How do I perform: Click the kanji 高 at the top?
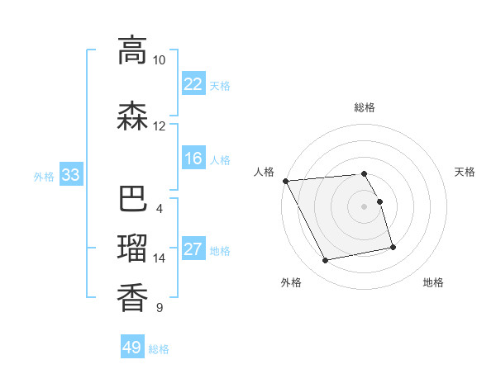(x=132, y=50)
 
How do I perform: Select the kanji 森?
(x=132, y=116)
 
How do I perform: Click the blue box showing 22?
(x=193, y=84)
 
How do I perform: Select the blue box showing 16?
(x=193, y=159)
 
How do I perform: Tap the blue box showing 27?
(x=193, y=249)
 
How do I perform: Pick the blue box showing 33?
(x=69, y=175)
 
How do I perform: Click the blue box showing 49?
(x=132, y=348)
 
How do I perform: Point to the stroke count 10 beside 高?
(x=159, y=60)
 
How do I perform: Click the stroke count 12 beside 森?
(x=159, y=126)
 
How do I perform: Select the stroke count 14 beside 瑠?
(x=159, y=258)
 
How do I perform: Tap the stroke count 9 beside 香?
(x=159, y=308)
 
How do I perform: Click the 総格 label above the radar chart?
(x=365, y=107)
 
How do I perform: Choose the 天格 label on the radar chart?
(x=465, y=172)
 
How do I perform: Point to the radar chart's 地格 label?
(x=433, y=282)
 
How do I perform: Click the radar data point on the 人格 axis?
(x=285, y=181)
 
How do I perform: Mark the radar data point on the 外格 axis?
(x=326, y=261)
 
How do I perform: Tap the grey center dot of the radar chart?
(x=365, y=206)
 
